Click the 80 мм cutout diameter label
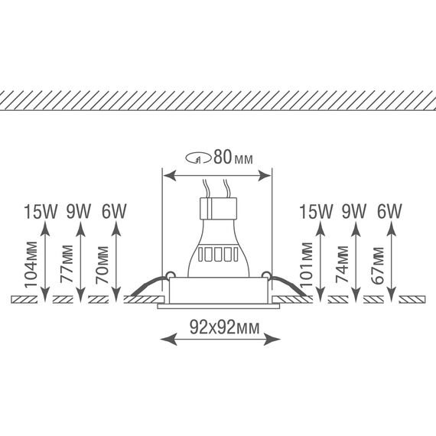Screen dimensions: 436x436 pyautogui.click(x=233, y=158)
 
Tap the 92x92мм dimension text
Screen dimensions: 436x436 pyautogui.click(x=225, y=327)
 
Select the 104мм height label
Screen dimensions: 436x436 pyautogui.click(x=31, y=265)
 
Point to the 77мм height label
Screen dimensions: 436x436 pyautogui.click(x=67, y=264)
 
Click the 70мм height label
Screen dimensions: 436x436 pyautogui.click(x=102, y=265)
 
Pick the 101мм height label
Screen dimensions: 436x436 pyautogui.click(x=307, y=265)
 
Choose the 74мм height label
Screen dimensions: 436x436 pyautogui.click(x=342, y=264)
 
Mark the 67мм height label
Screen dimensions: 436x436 pyautogui.click(x=378, y=265)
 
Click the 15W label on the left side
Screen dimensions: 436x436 pyautogui.click(x=41, y=211)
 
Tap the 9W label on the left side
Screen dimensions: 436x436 pyautogui.click(x=79, y=211)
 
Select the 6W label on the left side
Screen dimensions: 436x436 pyautogui.click(x=114, y=211)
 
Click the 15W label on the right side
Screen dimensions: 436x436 pyautogui.click(x=316, y=211)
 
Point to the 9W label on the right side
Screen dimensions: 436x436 pyautogui.click(x=353, y=211)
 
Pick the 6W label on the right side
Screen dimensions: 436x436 pyautogui.click(x=389, y=211)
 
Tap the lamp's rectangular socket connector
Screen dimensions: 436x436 pyautogui.click(x=218, y=208)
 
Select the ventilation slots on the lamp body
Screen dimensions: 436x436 pyautogui.click(x=218, y=254)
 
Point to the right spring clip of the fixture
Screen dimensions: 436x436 pyautogui.click(x=287, y=285)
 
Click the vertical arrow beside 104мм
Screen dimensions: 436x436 pyautogui.click(x=45, y=261)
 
